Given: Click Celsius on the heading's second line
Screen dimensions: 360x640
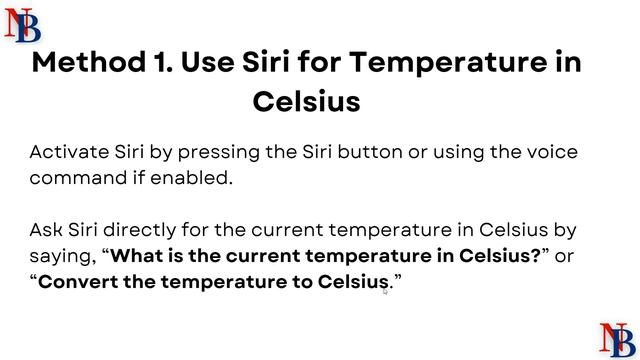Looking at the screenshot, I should pos(306,102).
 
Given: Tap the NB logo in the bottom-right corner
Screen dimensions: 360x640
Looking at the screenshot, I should pos(615,338).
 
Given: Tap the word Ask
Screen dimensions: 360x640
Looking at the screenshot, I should pos(46,231).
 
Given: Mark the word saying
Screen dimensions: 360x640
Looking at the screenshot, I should pos(62,257).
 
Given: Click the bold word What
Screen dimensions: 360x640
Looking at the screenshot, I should pos(135,256).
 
